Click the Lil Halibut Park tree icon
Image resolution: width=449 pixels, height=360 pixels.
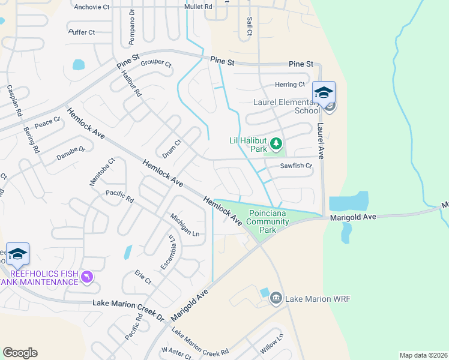[x=276, y=143]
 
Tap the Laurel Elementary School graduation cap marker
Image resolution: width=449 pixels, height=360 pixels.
[x=324, y=93]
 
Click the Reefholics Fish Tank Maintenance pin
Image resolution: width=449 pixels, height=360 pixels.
[x=87, y=276]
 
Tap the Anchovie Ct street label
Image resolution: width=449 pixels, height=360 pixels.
[x=92, y=7]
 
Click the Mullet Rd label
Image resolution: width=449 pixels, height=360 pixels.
[x=200, y=7]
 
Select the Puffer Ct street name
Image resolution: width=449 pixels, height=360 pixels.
[x=82, y=32]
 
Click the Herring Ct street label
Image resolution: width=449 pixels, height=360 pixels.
[x=290, y=85]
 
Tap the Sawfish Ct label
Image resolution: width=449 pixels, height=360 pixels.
[x=296, y=166]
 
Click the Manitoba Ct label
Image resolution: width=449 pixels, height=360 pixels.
[x=103, y=171]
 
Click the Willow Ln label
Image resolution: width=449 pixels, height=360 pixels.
[x=271, y=343]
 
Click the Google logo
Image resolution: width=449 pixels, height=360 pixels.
[x=20, y=353]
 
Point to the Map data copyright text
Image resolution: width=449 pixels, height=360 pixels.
[x=423, y=355]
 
